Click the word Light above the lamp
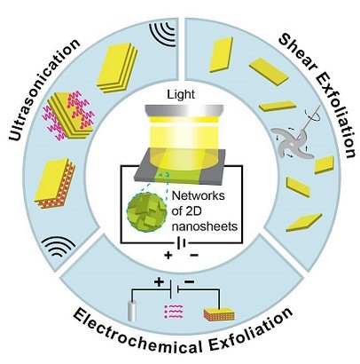coord(181,94)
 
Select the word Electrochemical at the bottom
coord(138,334)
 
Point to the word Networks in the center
coord(198,196)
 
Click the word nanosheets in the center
coord(205,226)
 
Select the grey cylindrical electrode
coord(132,311)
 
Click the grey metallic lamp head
coord(184,110)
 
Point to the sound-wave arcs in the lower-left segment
coord(58,247)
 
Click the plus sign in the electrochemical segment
coord(159,282)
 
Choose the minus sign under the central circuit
coord(193,255)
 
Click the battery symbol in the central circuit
coord(182,243)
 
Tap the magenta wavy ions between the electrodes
coord(174,312)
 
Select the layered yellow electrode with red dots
coord(219,314)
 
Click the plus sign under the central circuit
coord(168,255)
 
